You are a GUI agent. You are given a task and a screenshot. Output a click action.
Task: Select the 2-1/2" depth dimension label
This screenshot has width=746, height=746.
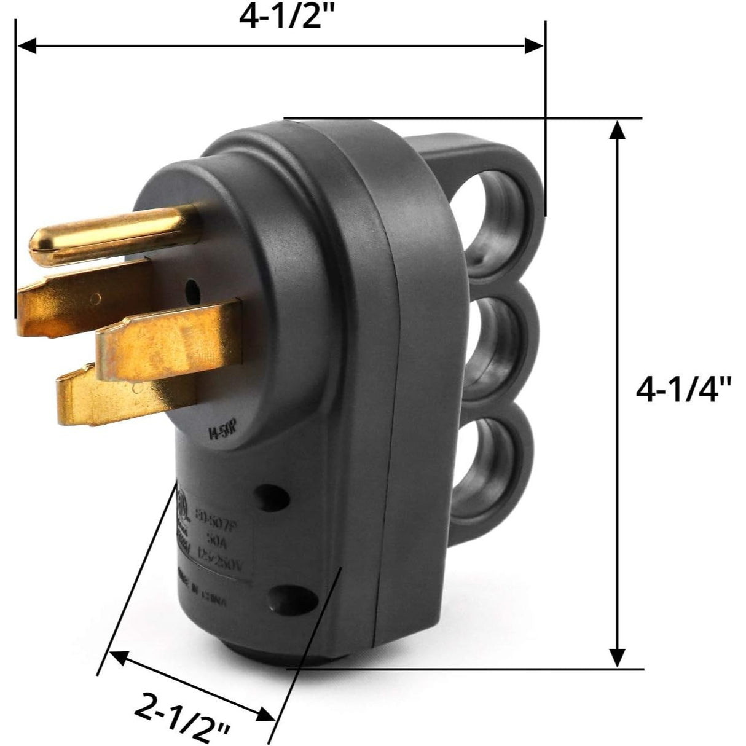(182, 710)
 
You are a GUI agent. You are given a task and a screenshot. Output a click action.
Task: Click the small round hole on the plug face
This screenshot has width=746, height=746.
(193, 288)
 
